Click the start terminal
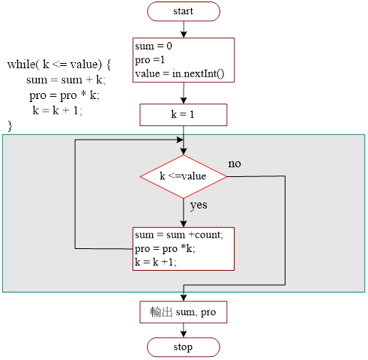pos(184,11)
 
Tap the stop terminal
pos(184,347)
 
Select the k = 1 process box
pos(184,115)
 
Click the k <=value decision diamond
pos(184,176)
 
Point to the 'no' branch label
pos(235,163)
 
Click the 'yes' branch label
pos(199,205)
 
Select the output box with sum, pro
pos(184,312)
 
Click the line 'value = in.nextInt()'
pos(180,73)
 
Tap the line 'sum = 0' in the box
pos(154,46)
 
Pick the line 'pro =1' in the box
pos(150,60)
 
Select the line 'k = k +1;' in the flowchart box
pos(156,262)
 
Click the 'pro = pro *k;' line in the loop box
pos(165,249)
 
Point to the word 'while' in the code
pos(22,64)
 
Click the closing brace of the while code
pos(10,126)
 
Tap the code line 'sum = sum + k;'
pos(66,80)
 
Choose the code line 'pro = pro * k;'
pos(64,95)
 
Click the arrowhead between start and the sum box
pos(184,34)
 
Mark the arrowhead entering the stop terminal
pos(184,334)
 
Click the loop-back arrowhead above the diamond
pos(180,139)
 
